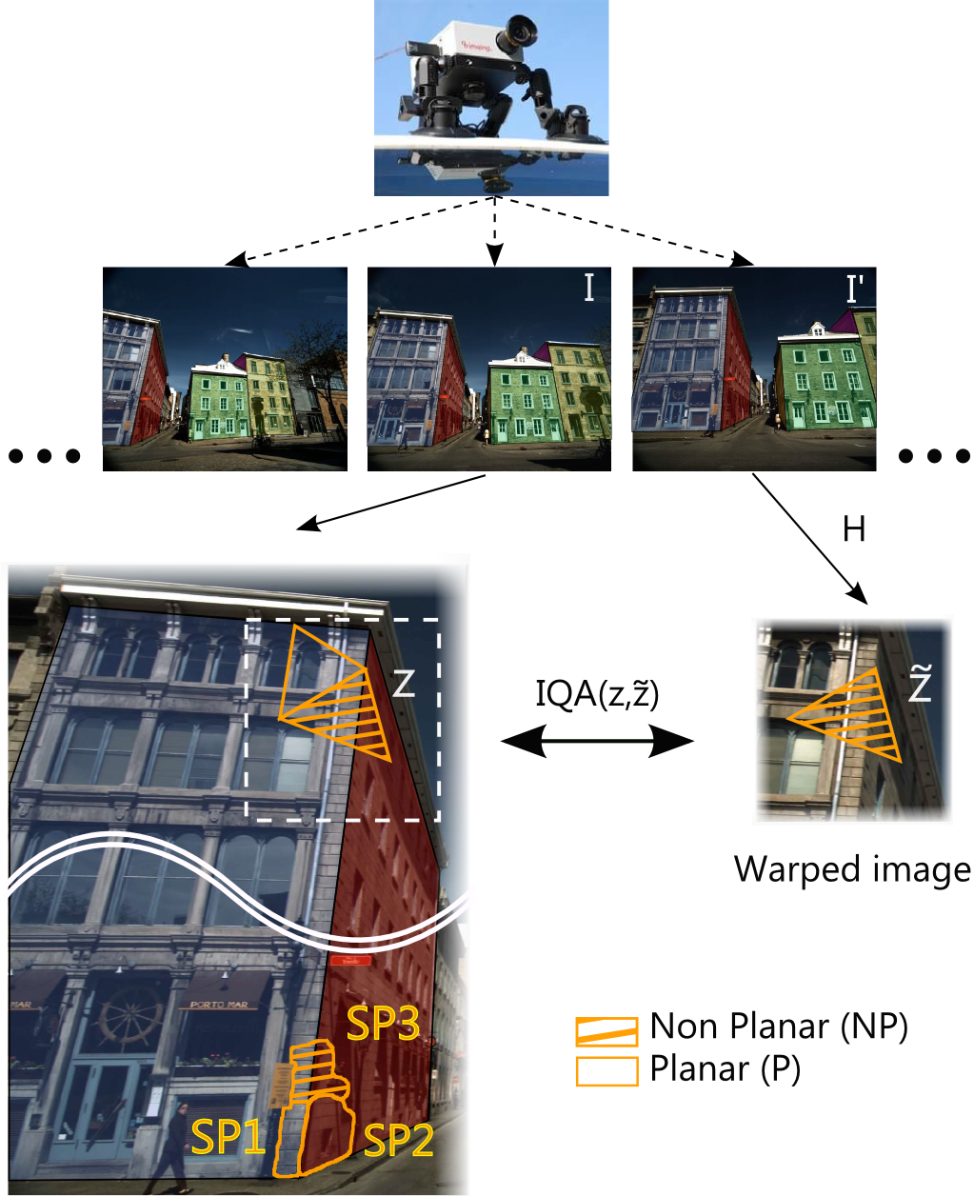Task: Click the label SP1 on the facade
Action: click(x=229, y=1137)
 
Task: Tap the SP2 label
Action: click(x=399, y=1139)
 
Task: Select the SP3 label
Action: click(x=383, y=1023)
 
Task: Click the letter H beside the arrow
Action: click(x=854, y=528)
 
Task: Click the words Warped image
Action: click(x=852, y=869)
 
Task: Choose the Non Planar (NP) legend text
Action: click(x=779, y=1027)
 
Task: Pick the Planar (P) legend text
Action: click(x=726, y=1069)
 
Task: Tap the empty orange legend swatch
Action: click(x=606, y=1071)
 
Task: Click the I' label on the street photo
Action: click(x=854, y=289)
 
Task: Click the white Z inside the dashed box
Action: click(x=404, y=682)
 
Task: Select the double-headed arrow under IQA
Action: click(x=597, y=741)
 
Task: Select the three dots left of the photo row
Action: click(x=45, y=456)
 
